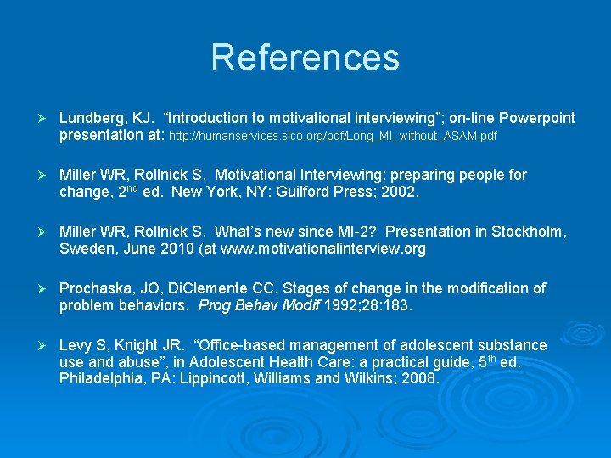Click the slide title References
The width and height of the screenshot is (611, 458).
point(305,58)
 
